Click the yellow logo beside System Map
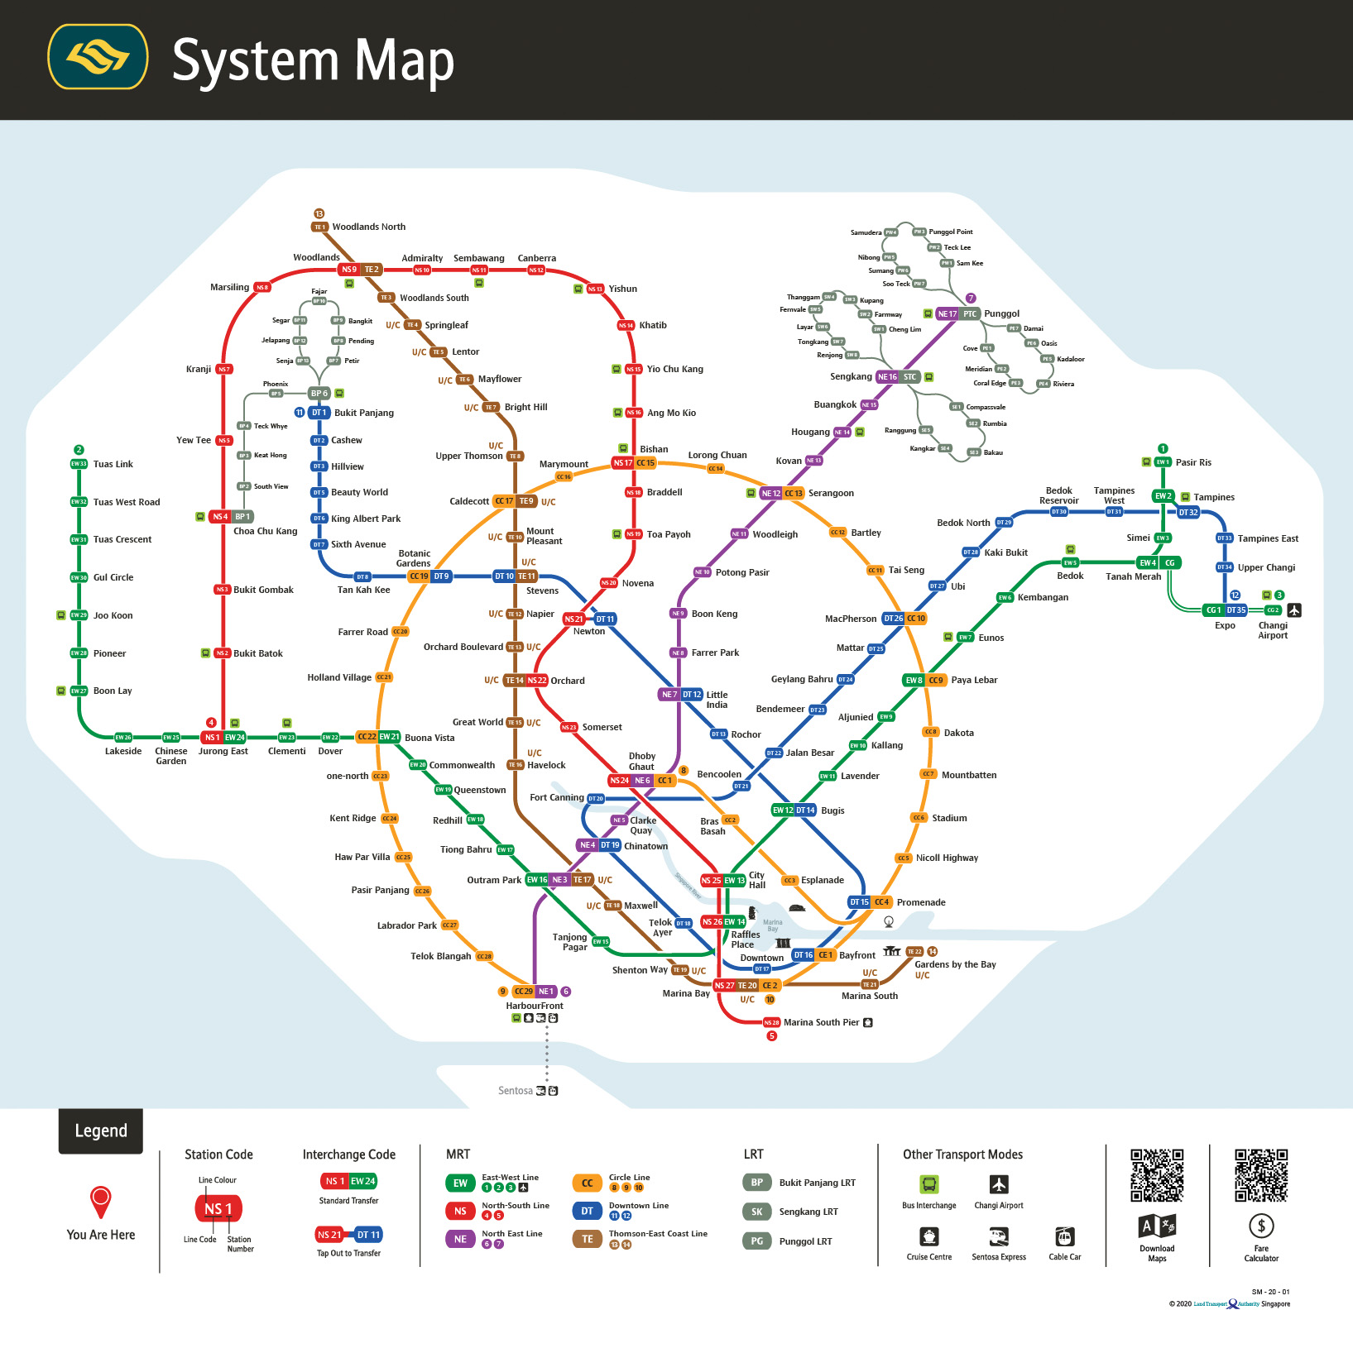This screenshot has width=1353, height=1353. tap(98, 57)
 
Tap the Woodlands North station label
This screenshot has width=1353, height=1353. tap(368, 227)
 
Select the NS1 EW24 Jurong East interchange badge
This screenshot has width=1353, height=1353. tap(223, 737)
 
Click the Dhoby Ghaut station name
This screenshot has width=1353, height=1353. tap(641, 761)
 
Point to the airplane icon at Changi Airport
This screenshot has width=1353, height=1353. tap(1294, 610)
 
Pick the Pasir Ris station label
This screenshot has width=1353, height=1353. tap(1192, 462)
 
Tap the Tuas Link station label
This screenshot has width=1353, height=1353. tap(113, 464)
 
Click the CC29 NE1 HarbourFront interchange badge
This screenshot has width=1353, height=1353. tap(534, 991)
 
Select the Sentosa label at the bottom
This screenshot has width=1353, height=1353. tap(515, 1091)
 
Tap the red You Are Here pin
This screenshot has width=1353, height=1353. tap(101, 1202)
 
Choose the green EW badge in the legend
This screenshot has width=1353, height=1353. tap(460, 1183)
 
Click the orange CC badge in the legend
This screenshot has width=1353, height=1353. tap(587, 1183)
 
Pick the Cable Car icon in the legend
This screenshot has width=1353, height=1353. tap(1064, 1236)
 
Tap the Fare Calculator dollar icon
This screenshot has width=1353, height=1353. tap(1260, 1226)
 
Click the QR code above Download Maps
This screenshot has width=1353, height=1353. tap(1157, 1175)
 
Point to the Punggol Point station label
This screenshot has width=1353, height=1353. tap(950, 232)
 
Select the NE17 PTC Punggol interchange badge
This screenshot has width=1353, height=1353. tap(957, 314)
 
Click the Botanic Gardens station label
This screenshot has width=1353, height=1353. tap(414, 558)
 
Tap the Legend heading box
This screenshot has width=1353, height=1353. tap(101, 1131)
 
